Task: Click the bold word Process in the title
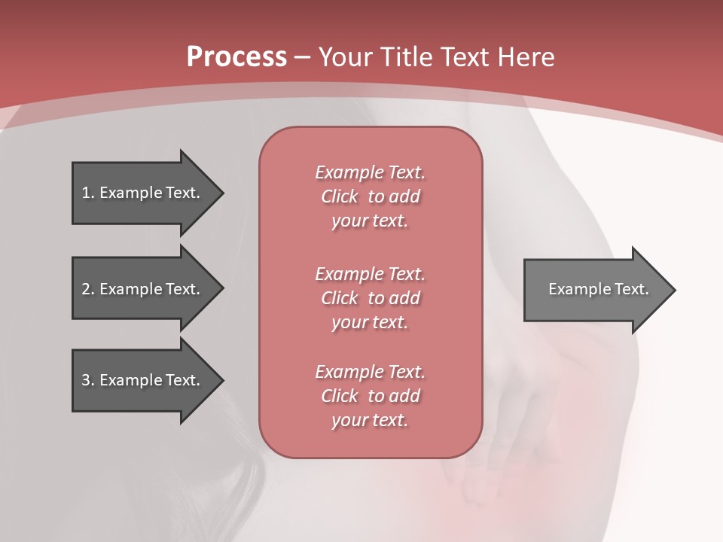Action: (236, 56)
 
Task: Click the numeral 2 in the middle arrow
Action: (86, 289)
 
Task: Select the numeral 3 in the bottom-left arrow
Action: (86, 380)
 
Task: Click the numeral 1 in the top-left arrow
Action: (86, 193)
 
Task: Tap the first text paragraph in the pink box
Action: (370, 196)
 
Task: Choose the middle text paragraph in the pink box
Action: (370, 298)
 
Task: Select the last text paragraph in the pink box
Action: (370, 396)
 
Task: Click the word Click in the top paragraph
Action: (340, 196)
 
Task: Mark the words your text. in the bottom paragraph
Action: (370, 420)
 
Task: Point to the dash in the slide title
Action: (303, 57)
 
